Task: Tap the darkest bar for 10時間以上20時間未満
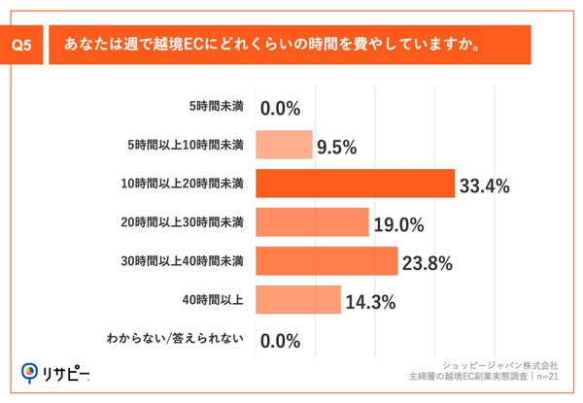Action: (x=355, y=183)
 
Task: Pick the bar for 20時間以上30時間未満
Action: (x=311, y=222)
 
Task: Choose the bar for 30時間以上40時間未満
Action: (x=326, y=261)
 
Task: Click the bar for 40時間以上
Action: (x=297, y=300)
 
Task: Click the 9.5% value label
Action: (x=337, y=148)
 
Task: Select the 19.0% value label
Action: (x=397, y=225)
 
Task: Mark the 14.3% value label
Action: (x=369, y=303)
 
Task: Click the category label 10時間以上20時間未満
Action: (x=189, y=183)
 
